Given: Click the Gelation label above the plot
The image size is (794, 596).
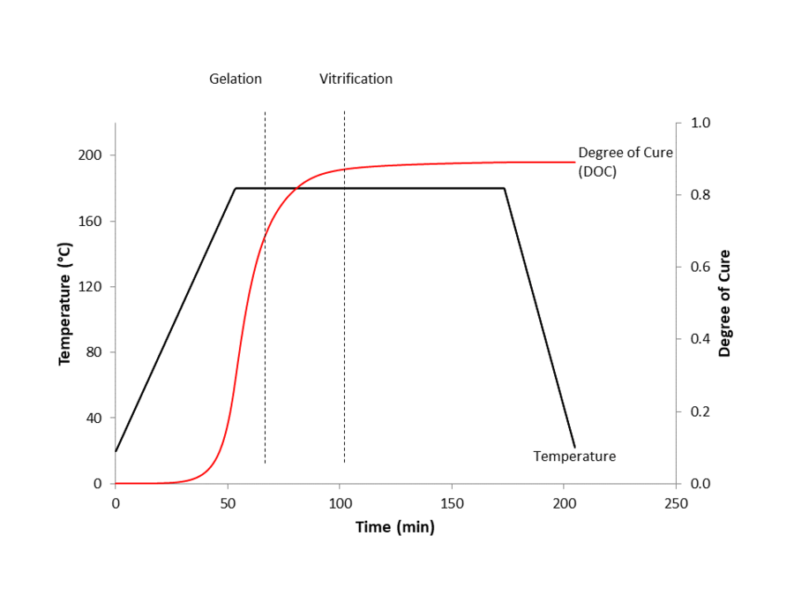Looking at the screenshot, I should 236,79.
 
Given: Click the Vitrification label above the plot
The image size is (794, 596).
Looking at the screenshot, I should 356,79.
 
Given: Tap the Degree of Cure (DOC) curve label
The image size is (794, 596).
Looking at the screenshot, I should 625,162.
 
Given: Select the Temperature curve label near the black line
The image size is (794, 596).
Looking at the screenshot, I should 574,456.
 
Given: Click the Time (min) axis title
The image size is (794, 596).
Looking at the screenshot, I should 395,527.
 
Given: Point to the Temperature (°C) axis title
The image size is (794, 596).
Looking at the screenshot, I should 64,306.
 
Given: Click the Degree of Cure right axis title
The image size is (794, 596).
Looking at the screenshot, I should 724,303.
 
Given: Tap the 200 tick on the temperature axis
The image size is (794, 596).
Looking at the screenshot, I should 92,155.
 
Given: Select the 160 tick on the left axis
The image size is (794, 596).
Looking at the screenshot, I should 92,221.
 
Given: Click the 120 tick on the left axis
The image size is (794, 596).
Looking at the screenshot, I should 92,287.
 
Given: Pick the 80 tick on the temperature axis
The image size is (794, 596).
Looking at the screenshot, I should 95,352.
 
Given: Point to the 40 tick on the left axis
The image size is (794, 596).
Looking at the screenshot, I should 95,418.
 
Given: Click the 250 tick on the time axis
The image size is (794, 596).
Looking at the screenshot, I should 676,502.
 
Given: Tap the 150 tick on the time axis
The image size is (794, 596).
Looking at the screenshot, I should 452,502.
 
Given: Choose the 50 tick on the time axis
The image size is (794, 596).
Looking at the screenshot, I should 228,502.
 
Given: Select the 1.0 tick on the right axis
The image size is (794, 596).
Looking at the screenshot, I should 700,123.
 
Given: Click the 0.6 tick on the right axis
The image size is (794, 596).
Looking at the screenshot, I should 700,268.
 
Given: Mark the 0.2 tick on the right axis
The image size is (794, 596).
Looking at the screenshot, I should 700,411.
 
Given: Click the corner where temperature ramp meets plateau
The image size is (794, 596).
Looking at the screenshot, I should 236,188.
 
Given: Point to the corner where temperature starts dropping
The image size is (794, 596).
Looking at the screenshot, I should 505,188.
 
